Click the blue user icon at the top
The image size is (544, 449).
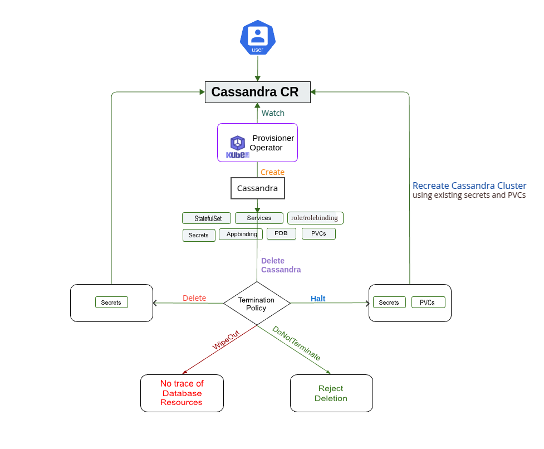tap(257, 37)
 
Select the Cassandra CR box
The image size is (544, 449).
tap(257, 92)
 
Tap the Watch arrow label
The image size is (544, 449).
tap(273, 113)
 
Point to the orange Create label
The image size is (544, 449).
tap(272, 172)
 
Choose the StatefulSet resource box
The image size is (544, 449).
tap(206, 218)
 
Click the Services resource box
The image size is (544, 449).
tap(259, 218)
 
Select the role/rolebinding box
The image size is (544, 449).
tap(315, 218)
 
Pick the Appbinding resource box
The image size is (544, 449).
tap(241, 234)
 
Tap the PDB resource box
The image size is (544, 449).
tap(281, 233)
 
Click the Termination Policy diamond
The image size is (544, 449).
tap(257, 304)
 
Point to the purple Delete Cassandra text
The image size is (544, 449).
tap(281, 265)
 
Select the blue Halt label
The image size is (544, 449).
tap(318, 299)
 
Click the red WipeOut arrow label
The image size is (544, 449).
tap(226, 340)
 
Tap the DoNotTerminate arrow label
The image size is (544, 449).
tap(296, 343)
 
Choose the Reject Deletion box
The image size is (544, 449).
tap(331, 393)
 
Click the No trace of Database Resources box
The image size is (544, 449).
tap(182, 393)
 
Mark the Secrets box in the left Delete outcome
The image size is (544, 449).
tap(111, 302)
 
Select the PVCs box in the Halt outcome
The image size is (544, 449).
tap(428, 302)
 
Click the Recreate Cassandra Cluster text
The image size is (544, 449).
tap(469, 186)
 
